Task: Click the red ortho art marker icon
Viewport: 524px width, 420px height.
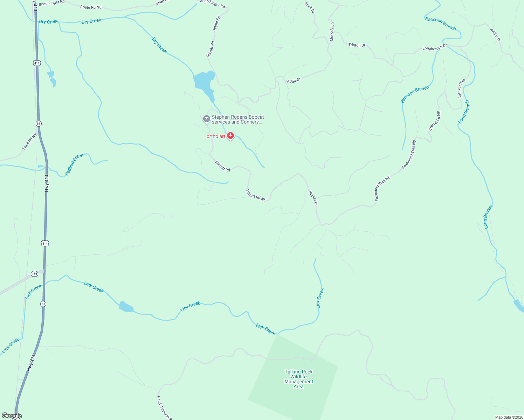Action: coord(230,135)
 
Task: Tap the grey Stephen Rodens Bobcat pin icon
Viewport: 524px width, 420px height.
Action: coord(206,119)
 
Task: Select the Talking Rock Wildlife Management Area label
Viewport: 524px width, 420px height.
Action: coord(298,379)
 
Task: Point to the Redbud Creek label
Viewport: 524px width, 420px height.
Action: coord(74,164)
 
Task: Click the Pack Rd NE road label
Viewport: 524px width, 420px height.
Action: coord(29,142)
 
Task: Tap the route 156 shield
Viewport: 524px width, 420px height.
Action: coord(34,274)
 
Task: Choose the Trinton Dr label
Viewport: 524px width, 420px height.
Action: coord(357,45)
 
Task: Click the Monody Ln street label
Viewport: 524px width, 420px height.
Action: coord(332,32)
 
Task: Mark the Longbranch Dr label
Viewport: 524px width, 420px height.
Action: coord(434,47)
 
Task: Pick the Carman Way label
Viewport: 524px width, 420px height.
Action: coord(462,88)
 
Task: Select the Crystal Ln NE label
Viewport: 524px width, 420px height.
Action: coord(435,121)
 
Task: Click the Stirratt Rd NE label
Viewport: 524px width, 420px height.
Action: coord(256,195)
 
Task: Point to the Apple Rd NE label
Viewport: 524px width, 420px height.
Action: coord(91,7)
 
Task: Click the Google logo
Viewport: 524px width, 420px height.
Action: coord(12,416)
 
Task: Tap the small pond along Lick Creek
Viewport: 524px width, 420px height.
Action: coord(126,307)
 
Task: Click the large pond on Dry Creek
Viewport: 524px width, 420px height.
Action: coord(204,83)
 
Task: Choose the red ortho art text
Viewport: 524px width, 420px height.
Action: coord(216,136)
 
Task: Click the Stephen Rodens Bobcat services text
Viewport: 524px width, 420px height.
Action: coord(237,119)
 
